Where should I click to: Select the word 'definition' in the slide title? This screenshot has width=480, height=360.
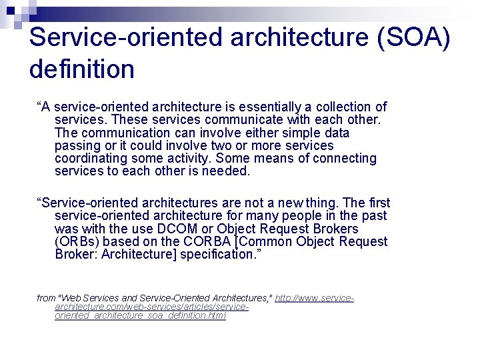(81, 69)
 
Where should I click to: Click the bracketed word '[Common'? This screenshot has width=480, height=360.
(269, 241)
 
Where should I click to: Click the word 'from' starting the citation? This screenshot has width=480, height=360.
(46, 298)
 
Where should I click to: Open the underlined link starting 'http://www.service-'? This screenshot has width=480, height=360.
(314, 298)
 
